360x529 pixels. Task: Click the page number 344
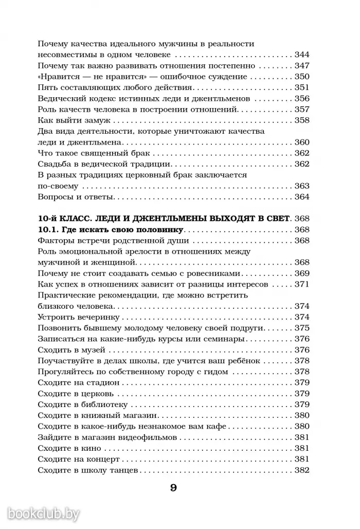[x=301, y=55]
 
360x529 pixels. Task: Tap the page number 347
[x=301, y=66]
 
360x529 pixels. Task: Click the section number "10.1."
[x=50, y=230]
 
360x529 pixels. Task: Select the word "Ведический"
[x=59, y=99]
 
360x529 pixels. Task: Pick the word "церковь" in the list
[x=102, y=394]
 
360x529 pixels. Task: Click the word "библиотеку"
[x=109, y=405]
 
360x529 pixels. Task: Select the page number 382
[x=301, y=471]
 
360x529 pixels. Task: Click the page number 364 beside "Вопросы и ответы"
[x=301, y=197]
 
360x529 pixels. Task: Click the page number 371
[x=301, y=285]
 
